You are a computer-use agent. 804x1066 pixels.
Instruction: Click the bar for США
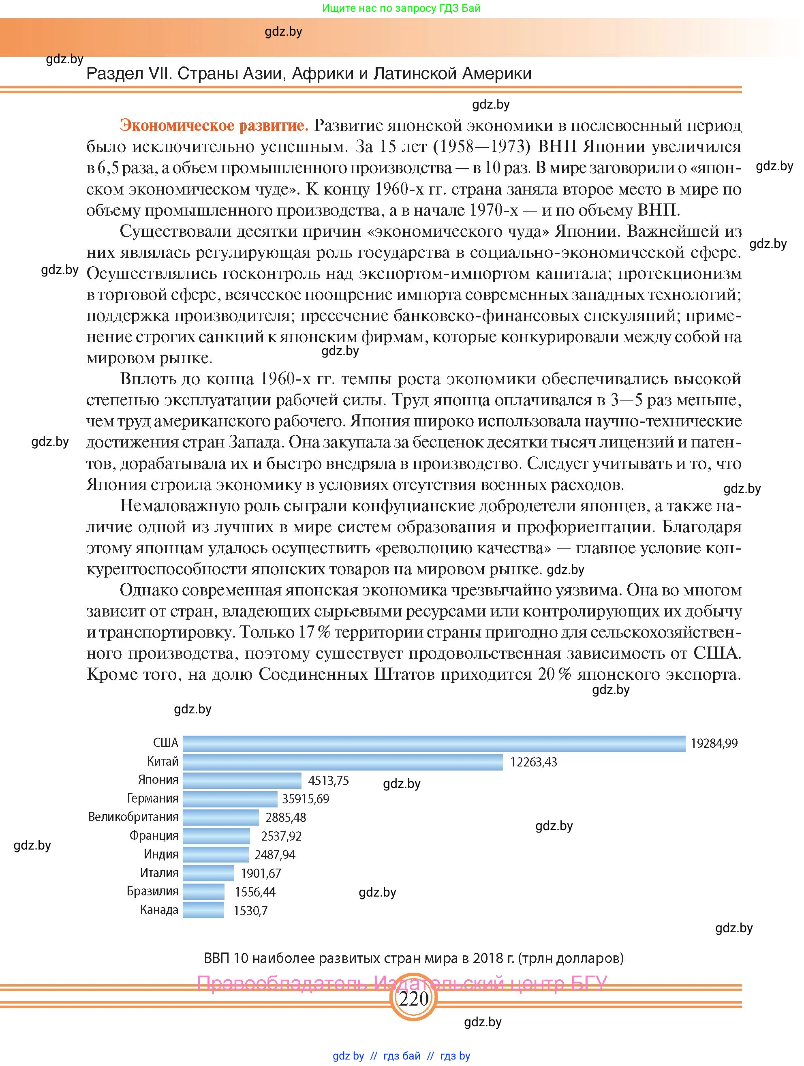[434, 743]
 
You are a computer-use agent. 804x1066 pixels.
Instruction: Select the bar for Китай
[342, 762]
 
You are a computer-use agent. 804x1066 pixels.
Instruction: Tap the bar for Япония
[242, 780]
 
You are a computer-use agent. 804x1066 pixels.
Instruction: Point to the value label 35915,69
[306, 799]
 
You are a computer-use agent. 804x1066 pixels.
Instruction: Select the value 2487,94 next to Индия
[275, 855]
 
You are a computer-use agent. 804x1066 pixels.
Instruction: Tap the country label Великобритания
[133, 817]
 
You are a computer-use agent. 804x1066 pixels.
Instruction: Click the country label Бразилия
[152, 891]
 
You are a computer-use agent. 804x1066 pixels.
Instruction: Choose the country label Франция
[154, 836]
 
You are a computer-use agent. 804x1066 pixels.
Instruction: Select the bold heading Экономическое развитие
[214, 125]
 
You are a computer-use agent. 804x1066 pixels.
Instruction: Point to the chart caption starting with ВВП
[413, 958]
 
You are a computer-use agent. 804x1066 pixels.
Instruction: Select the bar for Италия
[208, 873]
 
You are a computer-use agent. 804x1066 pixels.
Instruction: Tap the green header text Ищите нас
[401, 8]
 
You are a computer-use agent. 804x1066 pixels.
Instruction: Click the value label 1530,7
[250, 911]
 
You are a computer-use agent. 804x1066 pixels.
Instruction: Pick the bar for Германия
[230, 799]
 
